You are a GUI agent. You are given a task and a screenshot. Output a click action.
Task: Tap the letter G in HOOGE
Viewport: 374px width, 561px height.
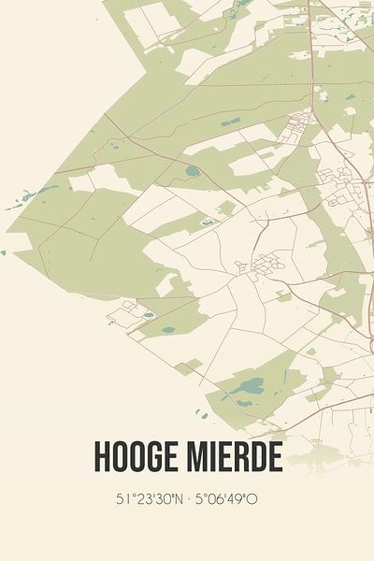click(x=157, y=456)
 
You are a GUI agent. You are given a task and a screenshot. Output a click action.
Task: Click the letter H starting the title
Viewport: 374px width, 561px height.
click(x=102, y=456)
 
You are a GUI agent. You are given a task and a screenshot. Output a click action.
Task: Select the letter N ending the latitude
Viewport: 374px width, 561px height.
click(x=178, y=499)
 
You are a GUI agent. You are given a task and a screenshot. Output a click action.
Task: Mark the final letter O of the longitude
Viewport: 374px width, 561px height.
click(x=252, y=499)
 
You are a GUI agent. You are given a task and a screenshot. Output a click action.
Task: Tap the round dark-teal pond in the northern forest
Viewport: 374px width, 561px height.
click(x=193, y=171)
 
